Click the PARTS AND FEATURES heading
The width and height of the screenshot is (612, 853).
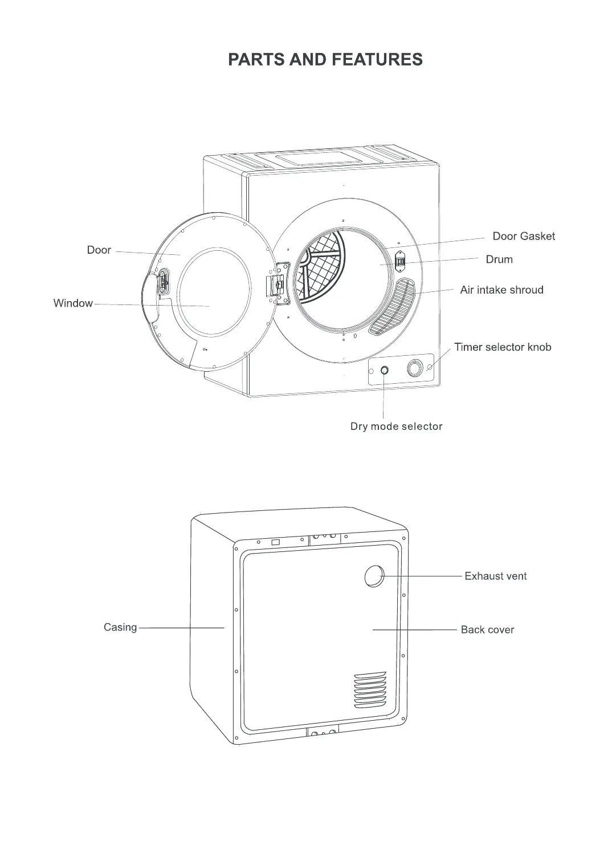pos(325,59)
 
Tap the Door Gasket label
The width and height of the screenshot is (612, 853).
pos(523,236)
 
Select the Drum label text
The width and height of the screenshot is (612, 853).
pos(499,259)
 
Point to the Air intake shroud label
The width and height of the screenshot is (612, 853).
pos(501,290)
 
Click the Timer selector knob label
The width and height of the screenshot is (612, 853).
pos(503,347)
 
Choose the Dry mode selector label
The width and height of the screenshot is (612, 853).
pos(396,426)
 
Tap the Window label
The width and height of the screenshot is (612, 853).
pos(73,303)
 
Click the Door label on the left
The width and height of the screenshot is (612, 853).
pos(99,250)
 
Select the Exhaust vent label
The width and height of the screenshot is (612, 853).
pos(495,576)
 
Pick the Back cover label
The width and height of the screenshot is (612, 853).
pos(487,629)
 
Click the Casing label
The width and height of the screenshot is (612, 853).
pos(120,627)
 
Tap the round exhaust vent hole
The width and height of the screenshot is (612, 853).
pos(374,576)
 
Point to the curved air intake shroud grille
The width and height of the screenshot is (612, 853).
pos(391,307)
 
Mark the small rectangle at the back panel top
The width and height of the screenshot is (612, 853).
pos(275,542)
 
